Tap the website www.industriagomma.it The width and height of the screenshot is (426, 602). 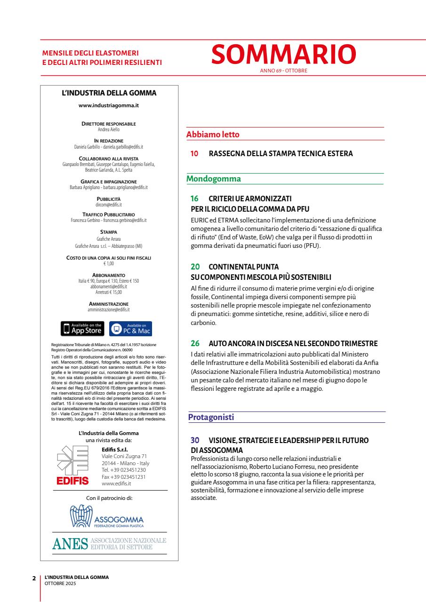[x=109, y=105]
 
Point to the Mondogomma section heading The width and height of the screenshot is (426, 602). [x=214, y=179]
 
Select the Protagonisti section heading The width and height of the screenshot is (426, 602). [x=210, y=417]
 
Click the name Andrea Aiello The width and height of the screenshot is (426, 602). [x=109, y=128]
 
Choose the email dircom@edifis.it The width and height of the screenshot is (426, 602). [x=109, y=205]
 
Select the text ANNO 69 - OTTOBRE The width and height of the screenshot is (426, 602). [x=283, y=71]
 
